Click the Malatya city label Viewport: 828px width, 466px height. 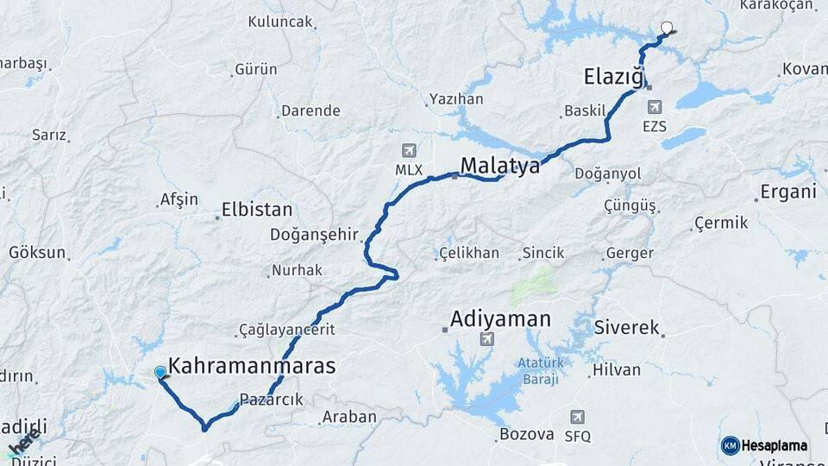click(x=500, y=165)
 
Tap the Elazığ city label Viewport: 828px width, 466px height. click(x=614, y=77)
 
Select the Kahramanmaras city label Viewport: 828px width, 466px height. click(x=252, y=366)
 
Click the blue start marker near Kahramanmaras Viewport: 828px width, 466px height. click(x=160, y=373)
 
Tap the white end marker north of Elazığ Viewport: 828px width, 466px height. click(x=666, y=28)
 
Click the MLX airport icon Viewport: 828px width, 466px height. click(x=409, y=151)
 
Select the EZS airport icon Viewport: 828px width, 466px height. click(x=655, y=107)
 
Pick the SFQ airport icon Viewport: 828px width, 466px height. click(x=577, y=418)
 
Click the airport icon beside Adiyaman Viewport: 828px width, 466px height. click(x=487, y=338)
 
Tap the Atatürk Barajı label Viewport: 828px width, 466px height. click(x=539, y=371)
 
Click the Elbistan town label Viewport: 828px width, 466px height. click(x=257, y=209)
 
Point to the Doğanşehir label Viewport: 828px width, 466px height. click(x=312, y=234)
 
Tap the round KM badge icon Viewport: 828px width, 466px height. click(x=730, y=445)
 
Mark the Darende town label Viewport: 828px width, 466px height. click(x=311, y=110)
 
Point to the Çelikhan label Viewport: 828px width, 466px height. click(x=469, y=253)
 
